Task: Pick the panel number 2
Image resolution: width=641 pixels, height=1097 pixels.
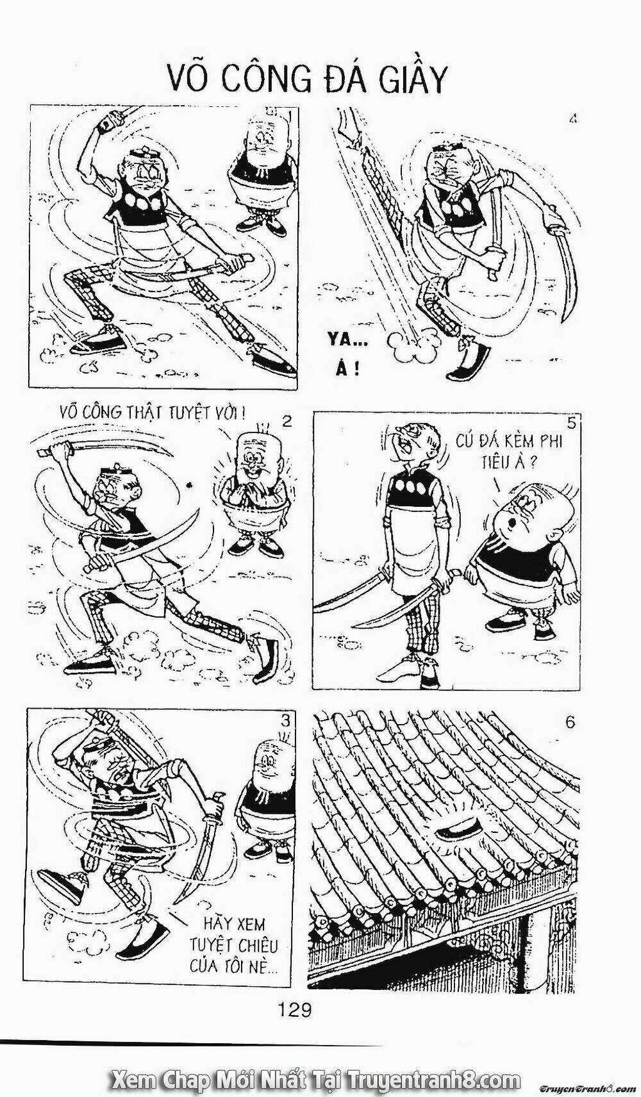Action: [x=287, y=421]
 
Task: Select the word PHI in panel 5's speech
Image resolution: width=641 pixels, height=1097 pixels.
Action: [x=548, y=441]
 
